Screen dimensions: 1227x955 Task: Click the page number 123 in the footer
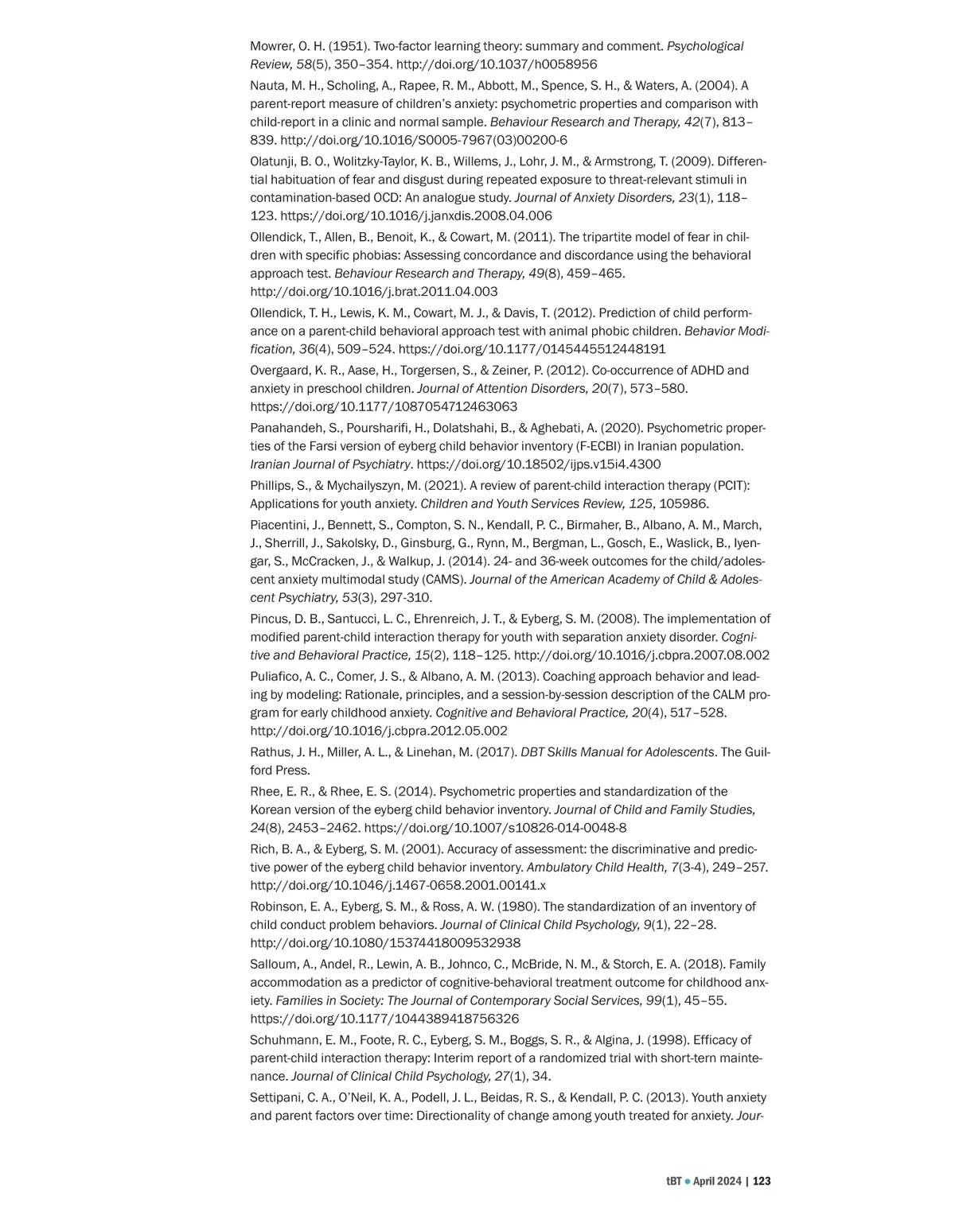coord(762,1181)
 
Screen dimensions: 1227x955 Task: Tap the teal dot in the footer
coord(688,1181)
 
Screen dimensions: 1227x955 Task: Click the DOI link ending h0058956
coord(497,64)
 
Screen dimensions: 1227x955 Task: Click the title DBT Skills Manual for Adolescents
coord(617,752)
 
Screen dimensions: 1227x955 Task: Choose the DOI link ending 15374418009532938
coord(385,943)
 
